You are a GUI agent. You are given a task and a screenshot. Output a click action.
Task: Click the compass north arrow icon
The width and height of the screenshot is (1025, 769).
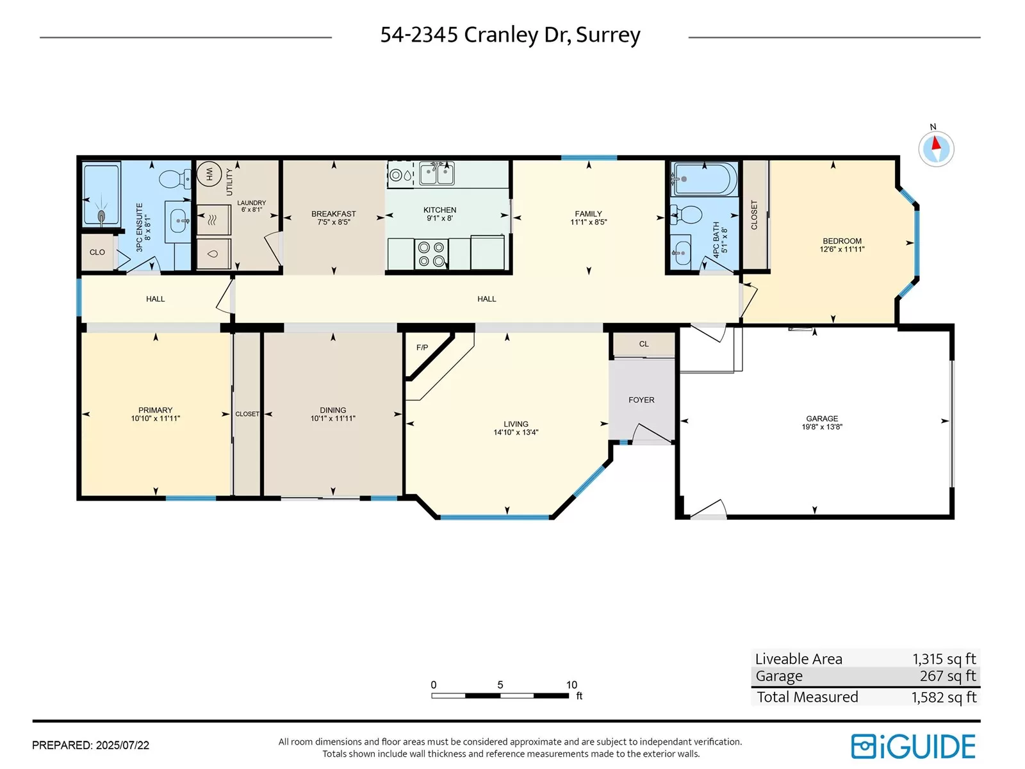(936, 149)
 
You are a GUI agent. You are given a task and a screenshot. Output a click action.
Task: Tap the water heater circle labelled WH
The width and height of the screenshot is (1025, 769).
(209, 174)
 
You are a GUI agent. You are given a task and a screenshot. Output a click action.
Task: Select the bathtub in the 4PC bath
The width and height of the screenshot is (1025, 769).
(704, 179)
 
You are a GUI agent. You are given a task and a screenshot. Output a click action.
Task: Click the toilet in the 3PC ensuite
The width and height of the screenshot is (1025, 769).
(175, 178)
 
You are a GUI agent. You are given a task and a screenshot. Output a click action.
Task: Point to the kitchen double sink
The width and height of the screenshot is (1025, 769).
(437, 173)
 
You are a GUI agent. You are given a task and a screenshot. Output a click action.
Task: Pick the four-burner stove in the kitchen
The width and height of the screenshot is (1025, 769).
(431, 254)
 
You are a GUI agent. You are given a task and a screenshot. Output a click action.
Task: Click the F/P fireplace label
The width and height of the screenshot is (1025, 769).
(422, 347)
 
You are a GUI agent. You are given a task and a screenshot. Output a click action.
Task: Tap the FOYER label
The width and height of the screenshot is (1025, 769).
(641, 400)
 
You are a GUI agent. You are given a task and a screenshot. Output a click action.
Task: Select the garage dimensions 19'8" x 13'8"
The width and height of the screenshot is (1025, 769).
(822, 427)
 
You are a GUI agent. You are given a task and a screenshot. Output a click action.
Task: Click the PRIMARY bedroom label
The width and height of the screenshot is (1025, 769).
(156, 410)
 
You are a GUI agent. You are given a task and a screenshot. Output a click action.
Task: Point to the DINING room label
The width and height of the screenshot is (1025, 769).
(333, 410)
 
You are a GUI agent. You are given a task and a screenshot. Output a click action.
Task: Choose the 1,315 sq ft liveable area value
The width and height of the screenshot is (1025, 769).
(944, 659)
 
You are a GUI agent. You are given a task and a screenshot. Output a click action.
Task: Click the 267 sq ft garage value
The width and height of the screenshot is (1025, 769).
(947, 675)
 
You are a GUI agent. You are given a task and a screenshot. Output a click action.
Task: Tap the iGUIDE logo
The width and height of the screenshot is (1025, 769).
(913, 746)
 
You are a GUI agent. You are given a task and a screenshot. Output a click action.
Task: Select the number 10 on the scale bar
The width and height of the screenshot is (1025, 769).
(571, 685)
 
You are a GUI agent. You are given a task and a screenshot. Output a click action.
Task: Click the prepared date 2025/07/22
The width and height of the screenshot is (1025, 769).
(123, 745)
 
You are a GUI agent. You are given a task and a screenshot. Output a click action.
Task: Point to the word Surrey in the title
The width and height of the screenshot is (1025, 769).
(608, 35)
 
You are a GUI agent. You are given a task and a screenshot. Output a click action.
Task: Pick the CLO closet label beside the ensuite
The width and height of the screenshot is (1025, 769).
(97, 252)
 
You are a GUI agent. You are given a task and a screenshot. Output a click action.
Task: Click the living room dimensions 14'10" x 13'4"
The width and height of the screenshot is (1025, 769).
(516, 433)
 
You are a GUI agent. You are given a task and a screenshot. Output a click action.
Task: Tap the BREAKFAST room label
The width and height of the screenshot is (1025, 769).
(333, 214)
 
